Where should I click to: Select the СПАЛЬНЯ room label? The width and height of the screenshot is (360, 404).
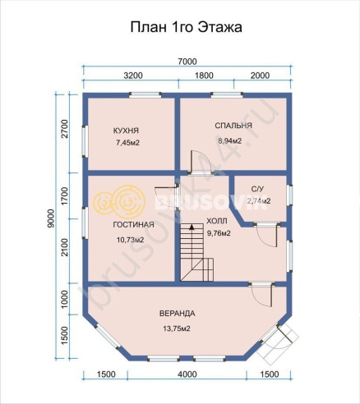click(233, 126)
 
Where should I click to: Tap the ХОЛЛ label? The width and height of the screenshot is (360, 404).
click(217, 220)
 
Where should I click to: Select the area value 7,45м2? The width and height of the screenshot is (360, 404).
click(128, 144)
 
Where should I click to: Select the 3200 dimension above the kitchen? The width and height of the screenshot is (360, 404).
click(133, 76)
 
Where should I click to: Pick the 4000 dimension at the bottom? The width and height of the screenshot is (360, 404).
click(187, 374)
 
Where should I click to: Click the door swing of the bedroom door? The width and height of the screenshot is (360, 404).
click(197, 159)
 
